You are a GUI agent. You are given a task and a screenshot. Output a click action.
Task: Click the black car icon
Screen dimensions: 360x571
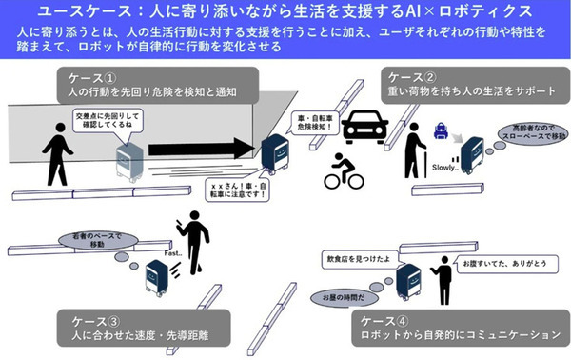pyautogui.click(x=364, y=124)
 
